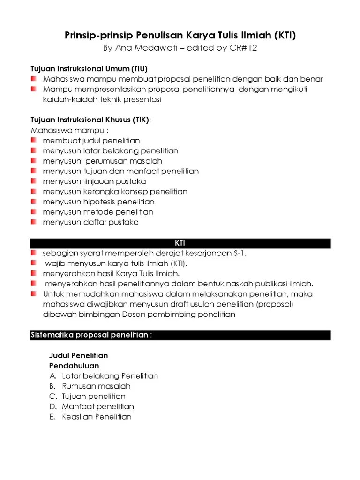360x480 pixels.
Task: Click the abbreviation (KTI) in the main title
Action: tap(282, 35)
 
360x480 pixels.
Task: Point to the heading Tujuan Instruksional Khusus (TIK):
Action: tap(91, 120)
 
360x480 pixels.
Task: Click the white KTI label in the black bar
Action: tap(180, 243)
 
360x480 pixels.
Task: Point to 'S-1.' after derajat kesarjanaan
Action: tap(240, 254)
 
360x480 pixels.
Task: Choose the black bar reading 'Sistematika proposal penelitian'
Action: tap(180, 335)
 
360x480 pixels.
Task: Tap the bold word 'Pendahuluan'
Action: tap(74, 366)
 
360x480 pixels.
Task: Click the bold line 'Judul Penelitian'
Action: tap(79, 356)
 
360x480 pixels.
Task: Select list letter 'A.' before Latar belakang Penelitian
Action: tap(53, 376)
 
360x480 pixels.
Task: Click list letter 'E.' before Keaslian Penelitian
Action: tap(52, 417)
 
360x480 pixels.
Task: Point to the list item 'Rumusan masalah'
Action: tap(96, 386)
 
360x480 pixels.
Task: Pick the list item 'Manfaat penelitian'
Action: tap(98, 406)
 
